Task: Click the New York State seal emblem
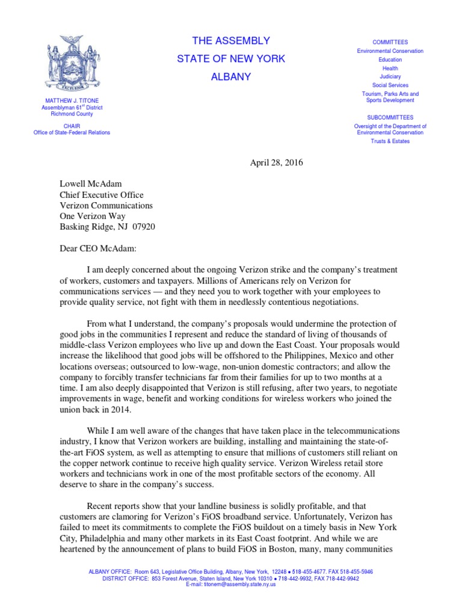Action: (72, 62)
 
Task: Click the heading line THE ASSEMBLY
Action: (231, 41)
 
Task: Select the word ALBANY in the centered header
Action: (231, 77)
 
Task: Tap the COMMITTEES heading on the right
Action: (390, 43)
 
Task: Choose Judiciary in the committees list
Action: (390, 77)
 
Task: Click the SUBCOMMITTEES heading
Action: (390, 117)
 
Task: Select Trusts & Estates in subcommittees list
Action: (390, 141)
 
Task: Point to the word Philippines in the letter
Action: (331, 356)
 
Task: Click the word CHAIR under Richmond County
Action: (72, 126)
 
